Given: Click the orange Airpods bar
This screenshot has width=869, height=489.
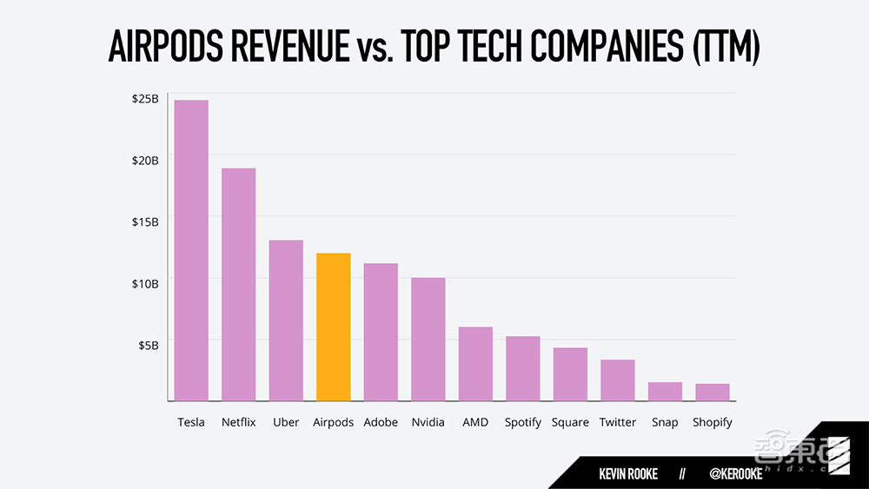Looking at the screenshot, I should tap(334, 327).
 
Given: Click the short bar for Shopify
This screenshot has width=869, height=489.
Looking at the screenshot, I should tap(712, 392).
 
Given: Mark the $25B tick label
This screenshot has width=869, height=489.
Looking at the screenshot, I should tap(145, 99).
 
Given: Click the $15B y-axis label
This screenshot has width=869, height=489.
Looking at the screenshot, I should tap(145, 221).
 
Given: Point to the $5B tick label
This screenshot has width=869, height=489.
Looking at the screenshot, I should tap(148, 345).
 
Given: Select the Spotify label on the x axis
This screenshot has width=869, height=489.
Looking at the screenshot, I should tap(523, 422).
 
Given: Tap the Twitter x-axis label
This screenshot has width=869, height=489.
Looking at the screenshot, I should tap(618, 422).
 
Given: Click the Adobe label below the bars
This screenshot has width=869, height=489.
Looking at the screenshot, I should tap(381, 422).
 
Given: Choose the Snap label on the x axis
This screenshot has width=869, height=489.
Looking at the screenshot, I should tap(665, 422).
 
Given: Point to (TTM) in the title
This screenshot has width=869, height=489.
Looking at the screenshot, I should tap(726, 49).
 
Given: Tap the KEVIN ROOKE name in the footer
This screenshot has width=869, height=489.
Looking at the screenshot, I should tap(628, 474).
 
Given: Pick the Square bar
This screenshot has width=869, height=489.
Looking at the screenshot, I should tap(570, 373).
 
